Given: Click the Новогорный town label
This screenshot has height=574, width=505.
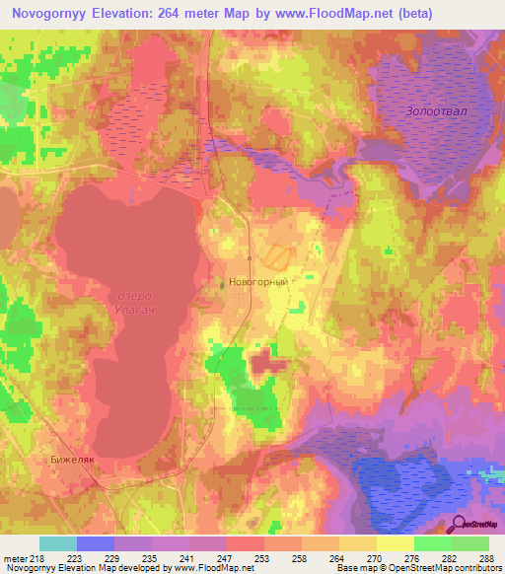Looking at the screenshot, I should pyautogui.click(x=258, y=282).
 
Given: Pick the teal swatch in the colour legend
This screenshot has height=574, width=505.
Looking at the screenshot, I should pyautogui.click(x=58, y=543).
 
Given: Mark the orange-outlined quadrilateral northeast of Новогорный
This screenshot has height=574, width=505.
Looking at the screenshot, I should pyautogui.click(x=278, y=255).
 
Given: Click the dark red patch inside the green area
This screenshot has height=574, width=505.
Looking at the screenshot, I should pyautogui.click(x=263, y=363).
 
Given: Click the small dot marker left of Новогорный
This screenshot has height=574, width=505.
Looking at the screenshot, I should pyautogui.click(x=221, y=282).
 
